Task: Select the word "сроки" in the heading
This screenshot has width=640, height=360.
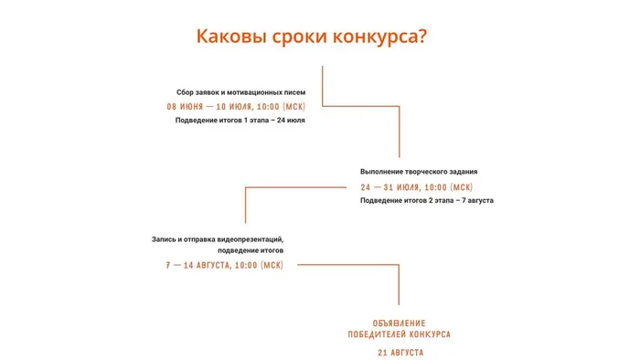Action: [303, 37]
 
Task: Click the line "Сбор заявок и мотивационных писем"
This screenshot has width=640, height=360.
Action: [240, 93]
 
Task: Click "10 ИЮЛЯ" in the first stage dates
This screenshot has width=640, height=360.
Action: [233, 107]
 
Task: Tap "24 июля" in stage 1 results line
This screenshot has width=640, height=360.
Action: [290, 121]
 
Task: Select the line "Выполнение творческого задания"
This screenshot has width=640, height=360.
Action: [419, 172]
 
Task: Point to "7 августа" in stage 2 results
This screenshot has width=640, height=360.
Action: [476, 200]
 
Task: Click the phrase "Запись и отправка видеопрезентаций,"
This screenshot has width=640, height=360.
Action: [218, 239]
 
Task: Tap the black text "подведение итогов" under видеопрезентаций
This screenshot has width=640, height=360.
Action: [251, 250]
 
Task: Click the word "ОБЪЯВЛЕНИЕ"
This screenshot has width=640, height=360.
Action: [399, 323]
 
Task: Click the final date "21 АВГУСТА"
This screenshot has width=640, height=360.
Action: [399, 352]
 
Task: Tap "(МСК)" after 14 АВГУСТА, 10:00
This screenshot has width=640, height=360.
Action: [272, 265]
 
